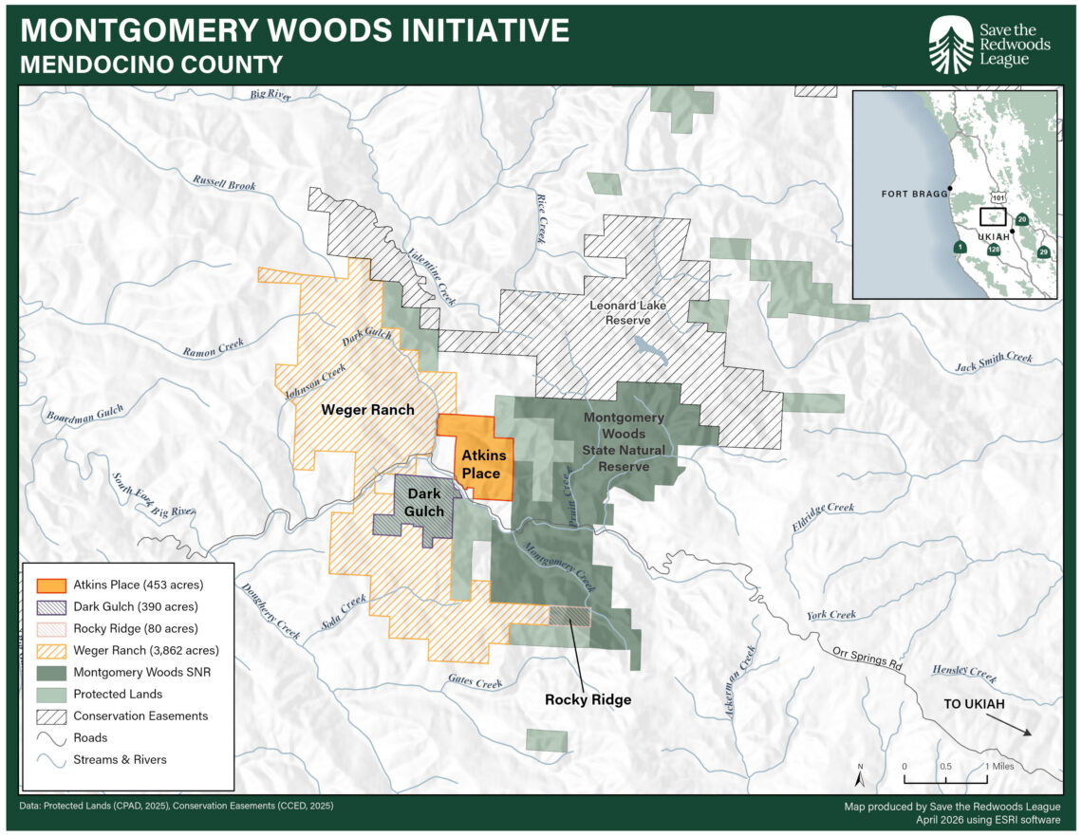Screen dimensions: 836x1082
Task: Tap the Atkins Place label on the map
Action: [481, 464]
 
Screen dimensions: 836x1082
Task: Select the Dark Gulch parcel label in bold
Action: [425, 503]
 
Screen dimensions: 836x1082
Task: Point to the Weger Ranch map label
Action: [367, 410]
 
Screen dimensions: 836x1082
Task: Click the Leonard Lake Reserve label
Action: [627, 313]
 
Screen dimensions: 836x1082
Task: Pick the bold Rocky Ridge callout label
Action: [588, 699]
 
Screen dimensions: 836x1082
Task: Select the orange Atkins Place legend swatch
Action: [51, 585]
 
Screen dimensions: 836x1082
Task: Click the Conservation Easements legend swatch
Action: [51, 715]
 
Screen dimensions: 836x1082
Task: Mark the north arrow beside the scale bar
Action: [860, 777]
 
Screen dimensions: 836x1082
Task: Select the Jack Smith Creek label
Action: [994, 361]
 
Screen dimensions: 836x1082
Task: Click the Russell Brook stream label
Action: [224, 183]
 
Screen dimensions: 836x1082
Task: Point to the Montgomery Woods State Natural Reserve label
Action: [624, 441]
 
